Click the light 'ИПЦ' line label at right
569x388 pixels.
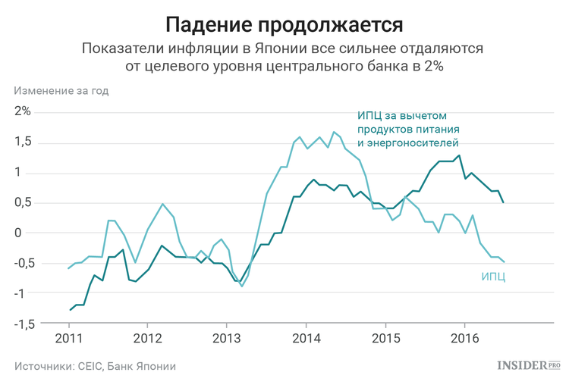pyautogui.click(x=493, y=277)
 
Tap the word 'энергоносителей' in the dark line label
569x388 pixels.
pyautogui.click(x=415, y=142)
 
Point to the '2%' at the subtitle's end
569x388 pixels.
pyautogui.click(x=429, y=67)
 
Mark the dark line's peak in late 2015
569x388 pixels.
pyautogui.click(x=459, y=155)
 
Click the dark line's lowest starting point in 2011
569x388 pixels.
pyautogui.click(x=71, y=310)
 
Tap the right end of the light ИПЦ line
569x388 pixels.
pyautogui.click(x=505, y=262)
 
